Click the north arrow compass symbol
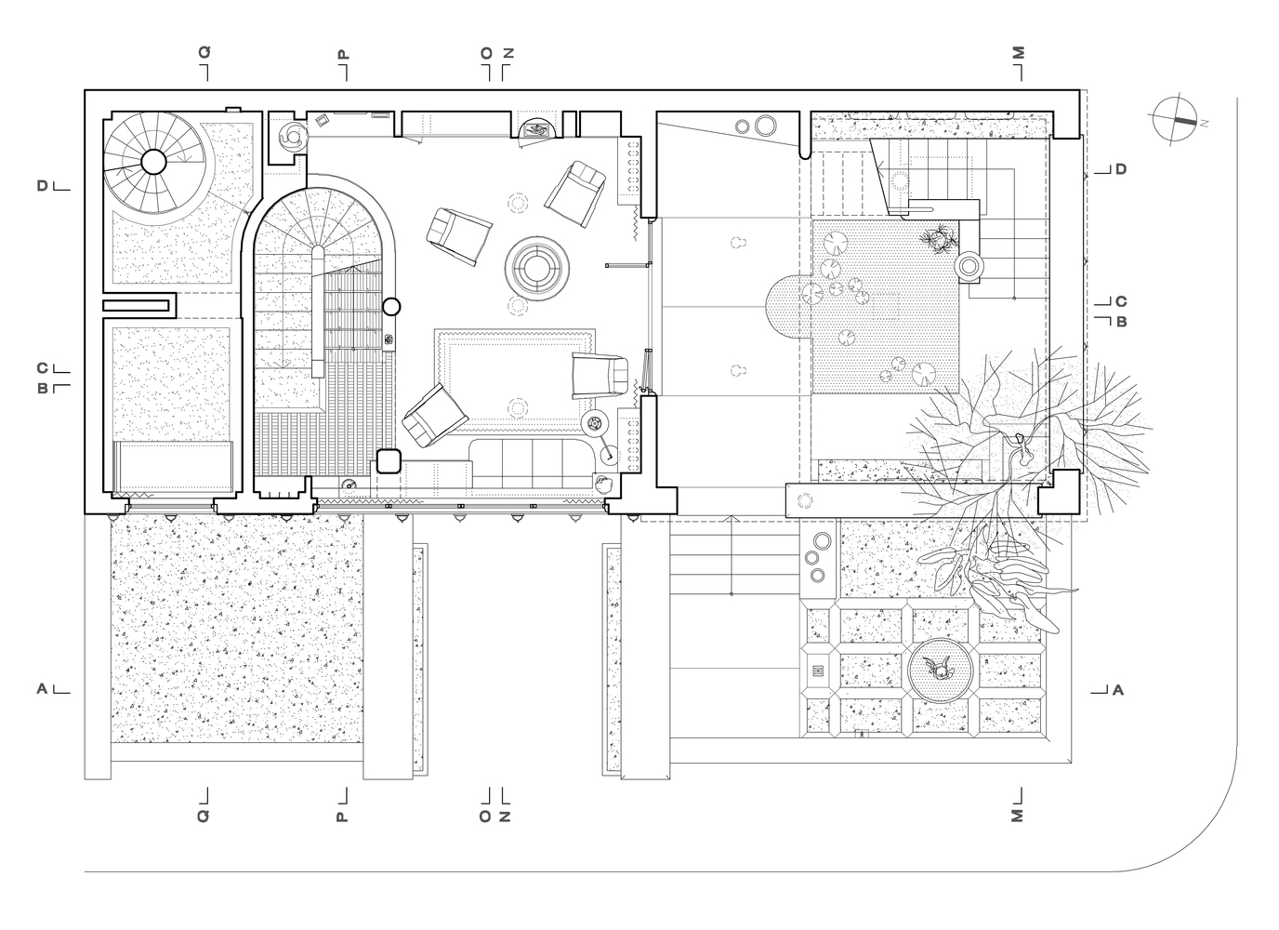1175,119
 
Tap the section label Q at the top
204,52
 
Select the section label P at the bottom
341,817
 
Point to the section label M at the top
1018,53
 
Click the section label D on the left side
42,186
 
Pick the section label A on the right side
1118,690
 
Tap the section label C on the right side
1121,301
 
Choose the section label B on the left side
42,389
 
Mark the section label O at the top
486,53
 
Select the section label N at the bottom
505,817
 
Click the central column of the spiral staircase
153,162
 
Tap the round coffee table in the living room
536,269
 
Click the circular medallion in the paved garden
940,670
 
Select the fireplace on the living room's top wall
536,129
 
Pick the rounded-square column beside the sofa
389,461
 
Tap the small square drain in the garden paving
818,671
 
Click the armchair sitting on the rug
600,375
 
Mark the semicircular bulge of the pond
788,306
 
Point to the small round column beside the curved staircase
391,307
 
